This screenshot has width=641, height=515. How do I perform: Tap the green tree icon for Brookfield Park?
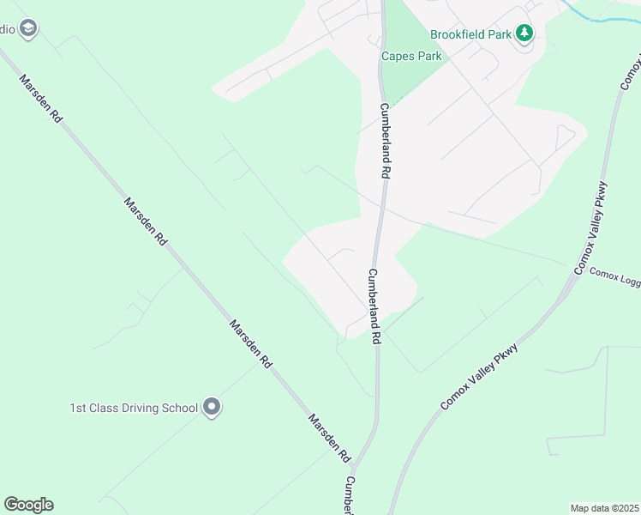pos(524,34)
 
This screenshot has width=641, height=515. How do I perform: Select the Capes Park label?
pos(411,57)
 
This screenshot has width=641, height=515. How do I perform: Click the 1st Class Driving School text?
pos(134,408)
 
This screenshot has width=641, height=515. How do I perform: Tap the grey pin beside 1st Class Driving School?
pos(212,408)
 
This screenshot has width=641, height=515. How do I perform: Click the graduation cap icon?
pos(28,29)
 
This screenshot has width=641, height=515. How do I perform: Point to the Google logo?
pos(28,505)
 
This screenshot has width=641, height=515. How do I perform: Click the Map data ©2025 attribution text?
pos(604,508)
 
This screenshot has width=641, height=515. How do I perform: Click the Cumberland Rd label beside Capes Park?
pos(386,140)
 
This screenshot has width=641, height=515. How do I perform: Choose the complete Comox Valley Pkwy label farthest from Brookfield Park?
pos(479,372)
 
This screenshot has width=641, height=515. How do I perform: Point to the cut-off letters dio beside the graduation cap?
pos(7,29)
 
